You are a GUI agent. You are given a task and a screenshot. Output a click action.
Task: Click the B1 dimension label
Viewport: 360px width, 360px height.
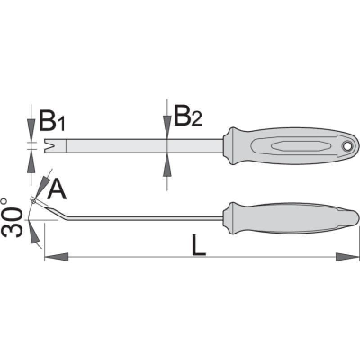pyautogui.click(x=52, y=121)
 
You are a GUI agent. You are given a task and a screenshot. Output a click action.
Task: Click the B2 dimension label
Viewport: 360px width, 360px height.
pyautogui.click(x=188, y=116)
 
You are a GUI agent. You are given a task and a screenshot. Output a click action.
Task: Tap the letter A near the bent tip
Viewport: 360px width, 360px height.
pyautogui.click(x=57, y=189)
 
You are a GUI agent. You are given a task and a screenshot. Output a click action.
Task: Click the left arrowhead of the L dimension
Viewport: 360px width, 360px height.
pyautogui.click(x=57, y=257)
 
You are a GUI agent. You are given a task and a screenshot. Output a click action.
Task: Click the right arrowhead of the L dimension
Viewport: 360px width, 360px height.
pyautogui.click(x=347, y=257)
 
